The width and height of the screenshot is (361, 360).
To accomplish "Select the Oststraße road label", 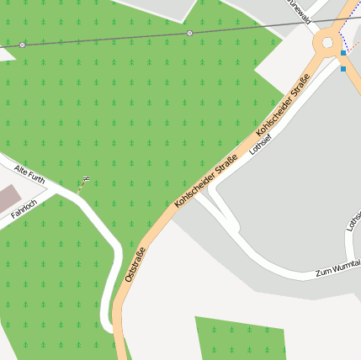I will pyautogui.click(x=135, y=264).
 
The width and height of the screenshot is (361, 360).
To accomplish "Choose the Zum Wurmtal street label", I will pyautogui.click(x=337, y=268).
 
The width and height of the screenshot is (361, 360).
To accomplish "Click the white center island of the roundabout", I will pyautogui.click(x=327, y=42).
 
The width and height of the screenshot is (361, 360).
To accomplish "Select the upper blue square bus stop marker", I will pyautogui.click(x=343, y=53).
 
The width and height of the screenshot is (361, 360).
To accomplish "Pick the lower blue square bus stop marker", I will pyautogui.click(x=343, y=68).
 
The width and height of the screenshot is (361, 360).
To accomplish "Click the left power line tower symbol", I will pyautogui.click(x=22, y=44).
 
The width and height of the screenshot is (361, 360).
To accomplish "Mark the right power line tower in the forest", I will pyautogui.click(x=189, y=33).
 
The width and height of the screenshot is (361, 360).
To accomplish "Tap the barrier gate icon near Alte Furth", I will pyautogui.click(x=86, y=178).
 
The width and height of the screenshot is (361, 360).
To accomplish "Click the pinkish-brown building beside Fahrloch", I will pyautogui.click(x=8, y=199).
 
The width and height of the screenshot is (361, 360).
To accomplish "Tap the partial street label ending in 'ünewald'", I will pyautogui.click(x=300, y=5).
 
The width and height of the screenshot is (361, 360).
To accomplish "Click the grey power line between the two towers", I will pyautogui.click(x=105, y=39).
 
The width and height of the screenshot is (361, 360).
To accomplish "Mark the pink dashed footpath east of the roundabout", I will pyautogui.click(x=355, y=43).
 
